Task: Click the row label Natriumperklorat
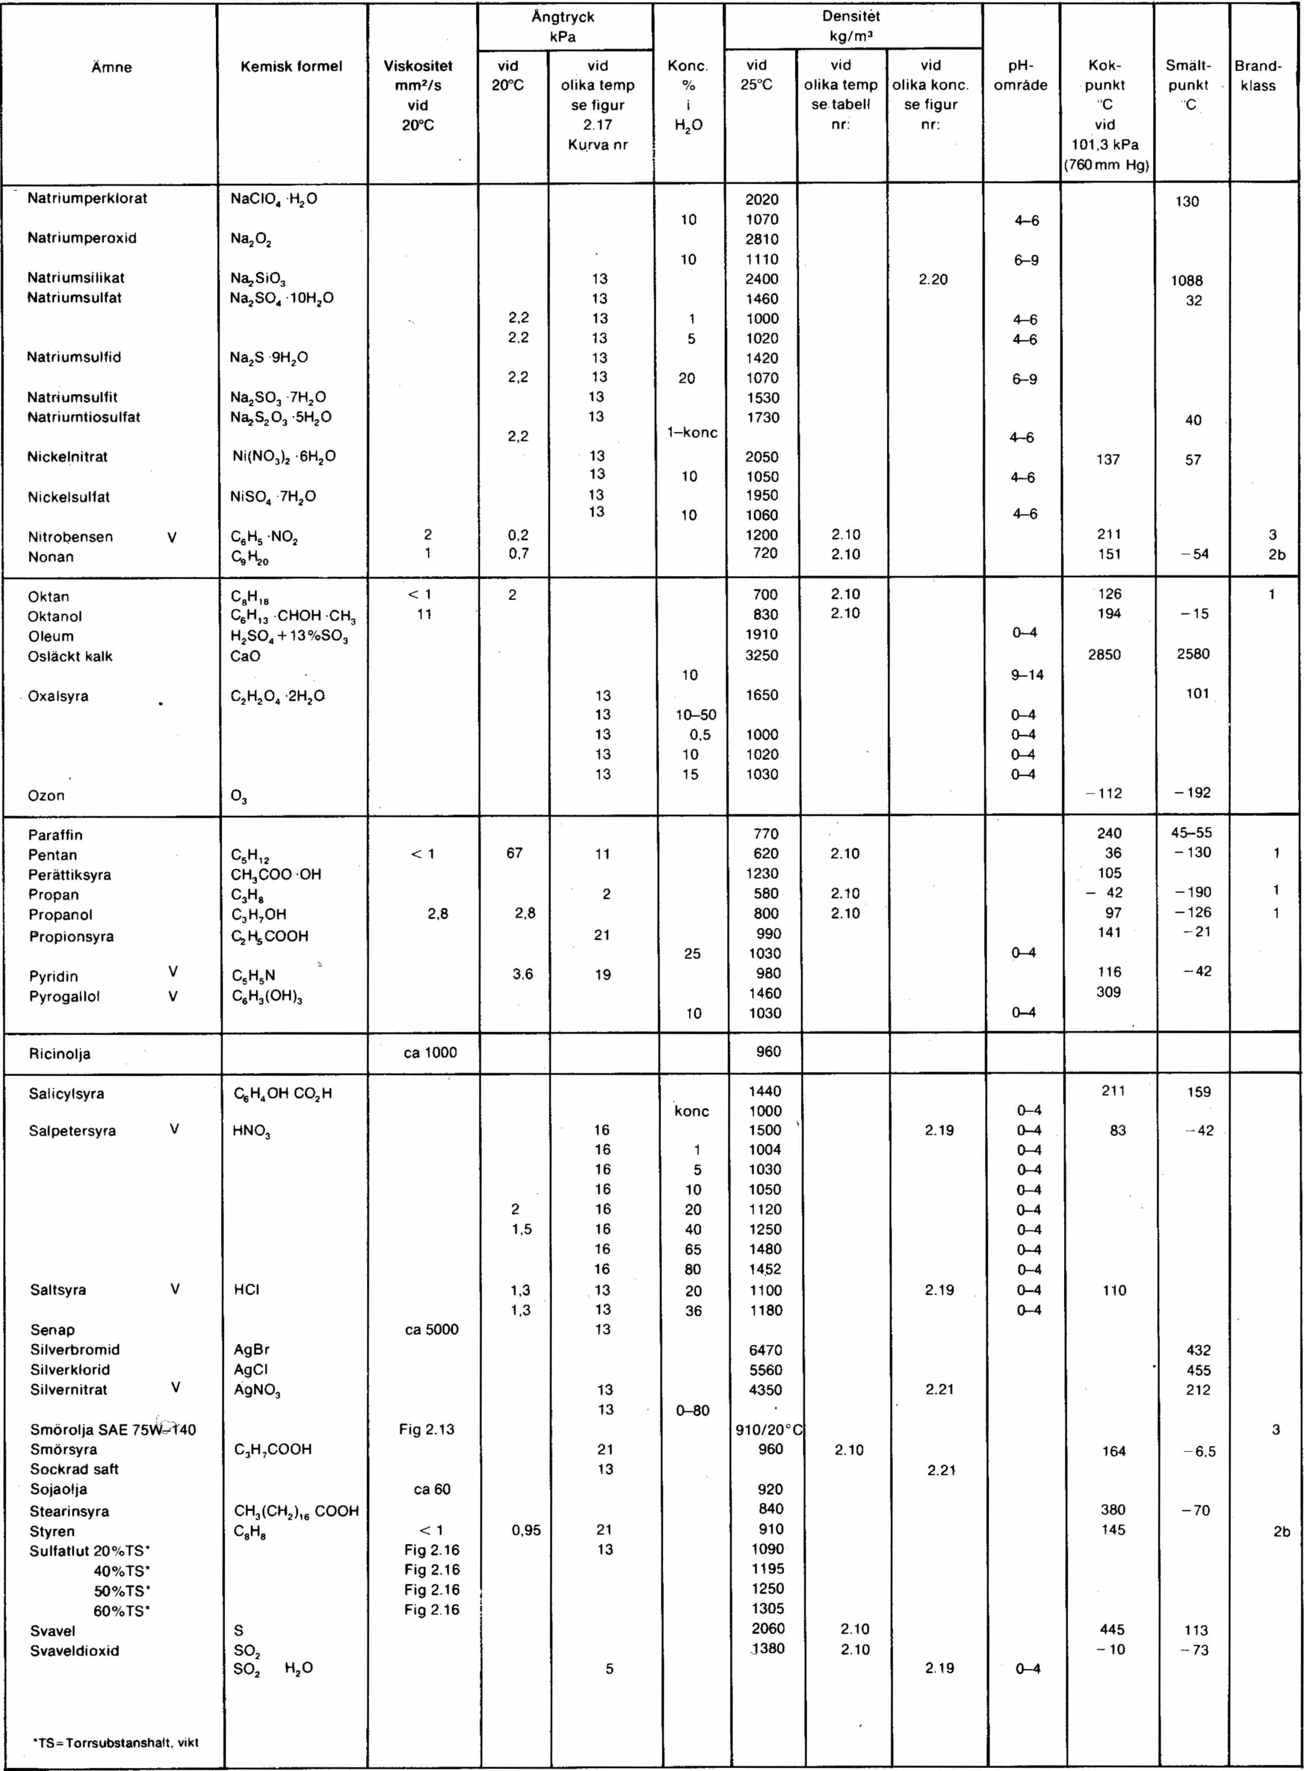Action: [x=87, y=198]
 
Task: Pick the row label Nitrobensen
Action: [x=70, y=537]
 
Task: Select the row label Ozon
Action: [x=46, y=795]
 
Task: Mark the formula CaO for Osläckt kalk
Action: [x=246, y=656]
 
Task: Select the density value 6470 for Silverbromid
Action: [x=765, y=1350]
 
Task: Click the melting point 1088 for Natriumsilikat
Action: [x=1186, y=280]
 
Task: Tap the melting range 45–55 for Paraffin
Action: [x=1192, y=832]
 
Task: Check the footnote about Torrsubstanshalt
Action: [x=115, y=1742]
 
